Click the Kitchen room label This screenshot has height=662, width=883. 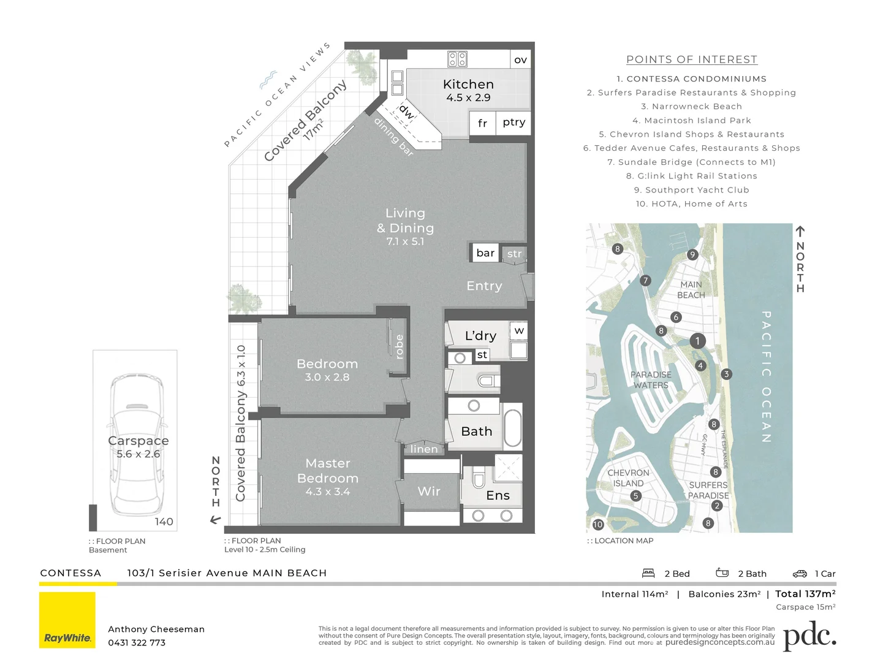coord(468,85)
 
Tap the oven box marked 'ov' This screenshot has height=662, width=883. coord(520,59)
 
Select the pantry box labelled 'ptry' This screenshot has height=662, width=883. coord(514,122)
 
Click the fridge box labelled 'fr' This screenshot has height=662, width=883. coord(482,123)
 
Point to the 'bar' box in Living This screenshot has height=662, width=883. coord(485,253)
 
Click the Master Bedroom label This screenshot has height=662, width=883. coord(328,471)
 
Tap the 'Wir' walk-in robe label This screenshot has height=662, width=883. coord(429,491)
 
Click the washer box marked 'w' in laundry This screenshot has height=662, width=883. coord(519,331)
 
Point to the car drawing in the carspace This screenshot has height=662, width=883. coord(137,444)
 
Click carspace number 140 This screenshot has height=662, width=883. coord(164,522)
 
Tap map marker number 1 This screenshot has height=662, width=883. coord(697,341)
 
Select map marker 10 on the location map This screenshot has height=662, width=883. coord(598,525)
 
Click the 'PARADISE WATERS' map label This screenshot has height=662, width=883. coord(651,380)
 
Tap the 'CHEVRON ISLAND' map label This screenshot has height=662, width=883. coord(628,478)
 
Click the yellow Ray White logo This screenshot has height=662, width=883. coord(67,620)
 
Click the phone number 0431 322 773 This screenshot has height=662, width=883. coord(137,643)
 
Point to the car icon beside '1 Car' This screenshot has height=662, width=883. coord(800,574)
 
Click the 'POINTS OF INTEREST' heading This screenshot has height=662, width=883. coord(692,59)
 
